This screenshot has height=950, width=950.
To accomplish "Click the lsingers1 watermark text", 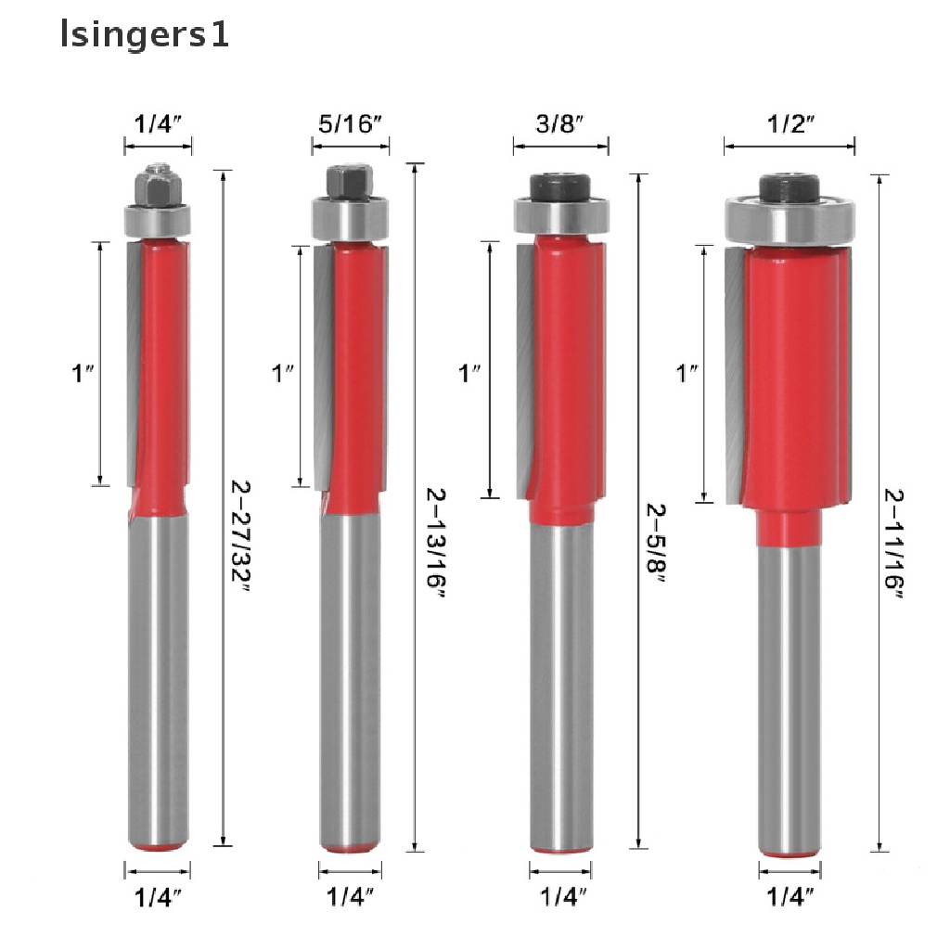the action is coord(144,36).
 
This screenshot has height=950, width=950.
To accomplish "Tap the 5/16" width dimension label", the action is coord(350,124).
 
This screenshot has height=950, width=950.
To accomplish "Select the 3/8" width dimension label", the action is coord(559,124).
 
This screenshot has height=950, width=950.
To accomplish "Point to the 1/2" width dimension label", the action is coord(790,124).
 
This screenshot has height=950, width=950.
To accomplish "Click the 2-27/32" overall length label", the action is coord(241,537).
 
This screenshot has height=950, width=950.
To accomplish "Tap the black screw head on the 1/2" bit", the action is coord(790,190).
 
